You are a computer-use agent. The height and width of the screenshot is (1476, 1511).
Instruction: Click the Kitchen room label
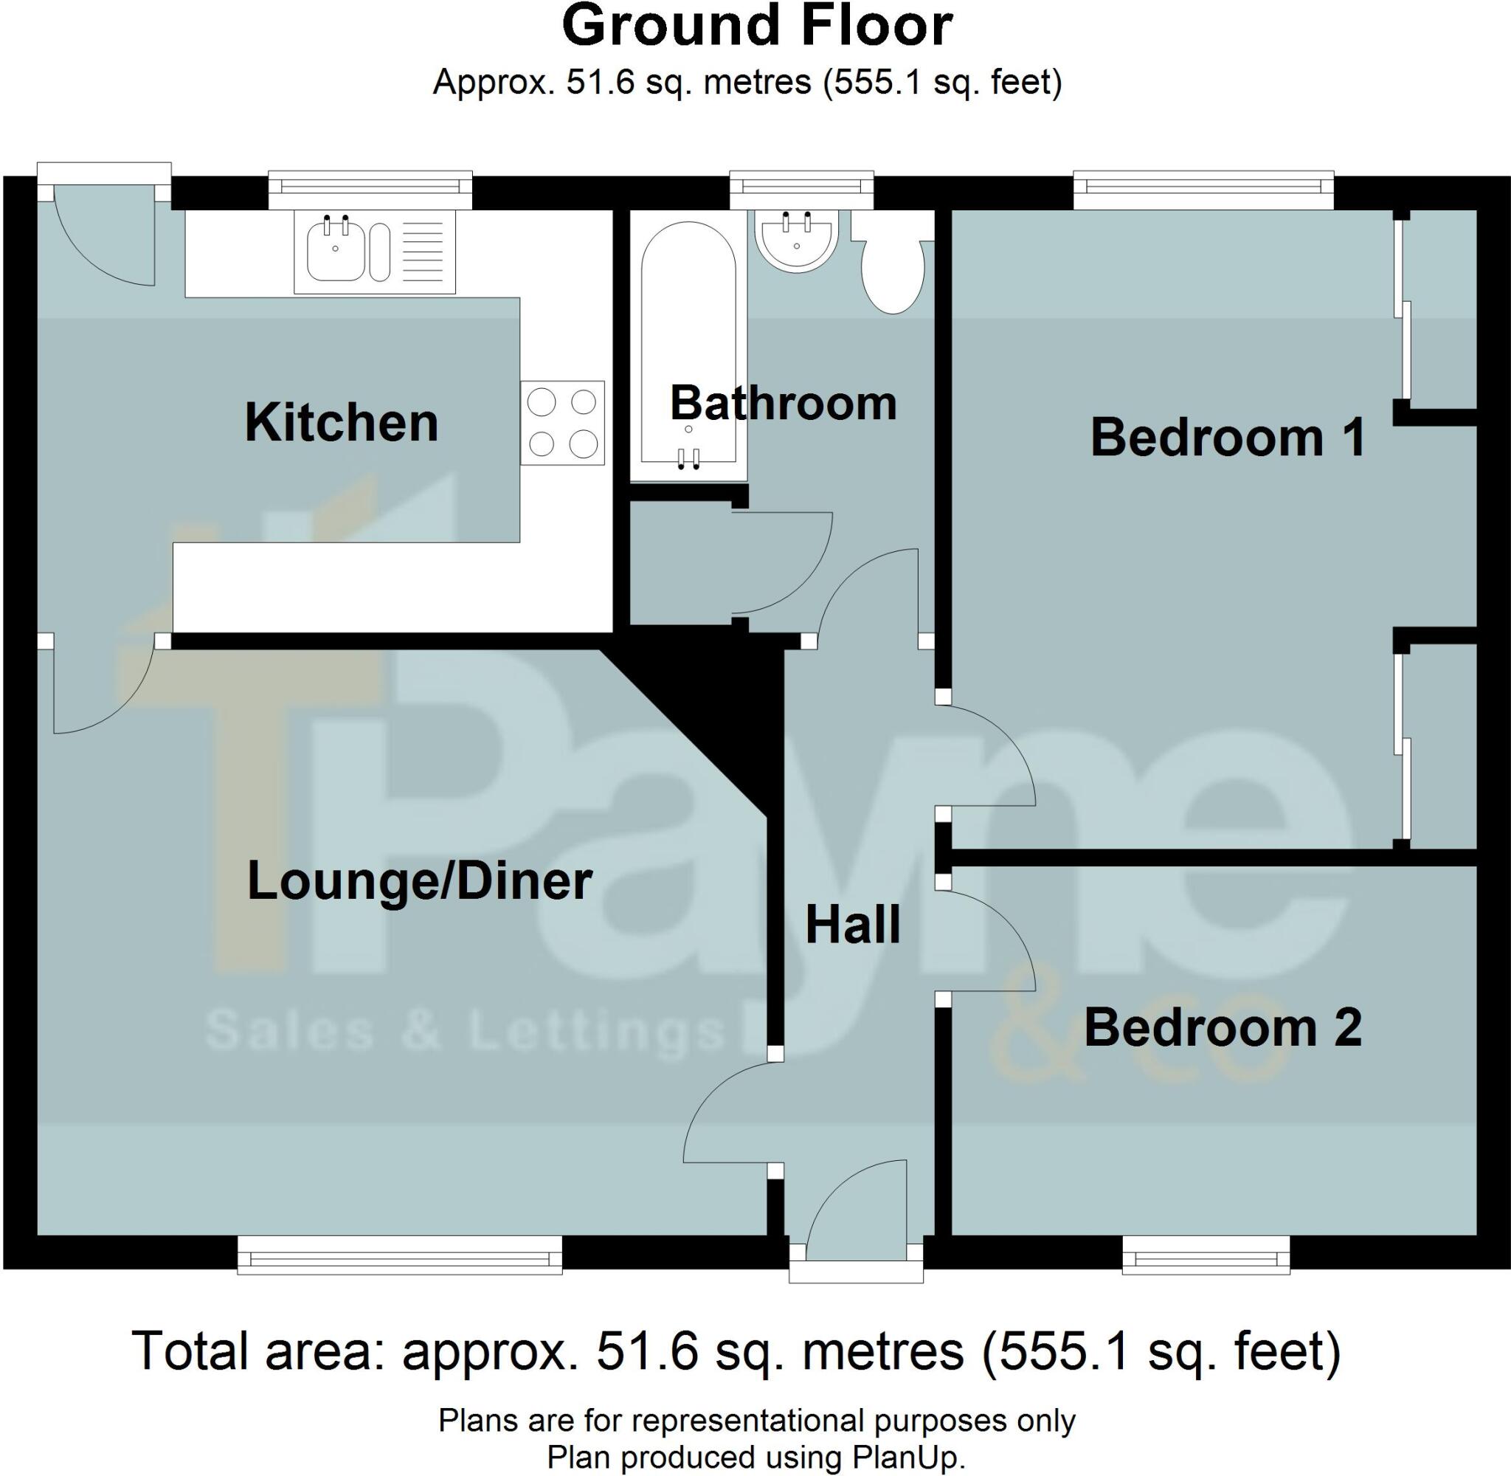pos(341,424)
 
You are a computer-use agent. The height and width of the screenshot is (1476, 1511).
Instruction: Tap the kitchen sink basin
pos(336,249)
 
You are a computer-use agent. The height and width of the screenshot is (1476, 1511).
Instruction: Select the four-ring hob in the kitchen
pos(562,422)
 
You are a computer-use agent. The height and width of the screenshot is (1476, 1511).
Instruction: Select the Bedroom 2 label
pos(1222,1028)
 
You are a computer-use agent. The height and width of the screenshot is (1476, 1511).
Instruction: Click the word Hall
pos(852,925)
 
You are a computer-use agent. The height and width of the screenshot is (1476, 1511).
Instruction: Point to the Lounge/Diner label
pos(419,881)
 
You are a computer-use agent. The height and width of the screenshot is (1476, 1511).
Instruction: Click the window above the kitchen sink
pos(370,188)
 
